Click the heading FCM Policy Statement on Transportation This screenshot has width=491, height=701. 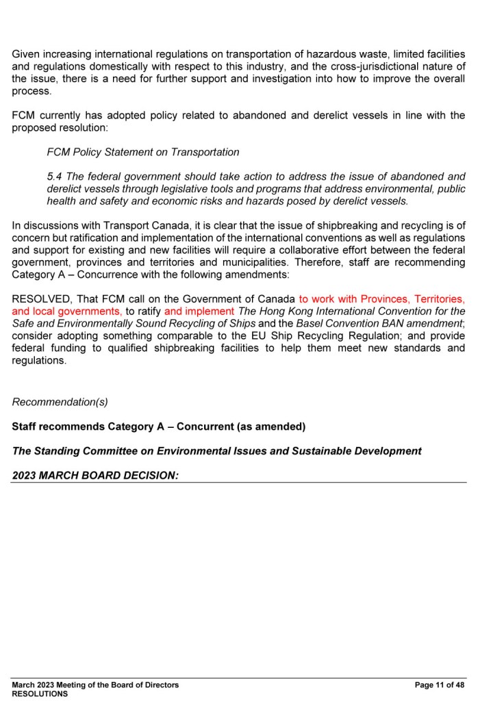coord(142,152)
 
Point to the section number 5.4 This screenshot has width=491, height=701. coord(54,177)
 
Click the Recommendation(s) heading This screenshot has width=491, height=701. coord(60,402)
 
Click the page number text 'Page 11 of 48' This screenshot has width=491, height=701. coord(440,685)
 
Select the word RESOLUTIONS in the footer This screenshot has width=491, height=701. coord(40,693)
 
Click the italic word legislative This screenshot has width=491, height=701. coord(190,189)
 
